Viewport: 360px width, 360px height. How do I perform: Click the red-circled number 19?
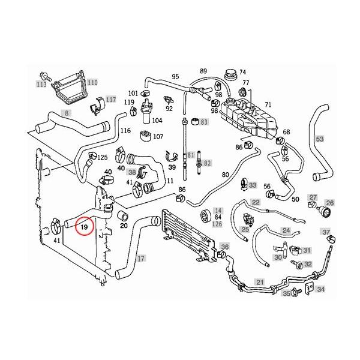(85, 228)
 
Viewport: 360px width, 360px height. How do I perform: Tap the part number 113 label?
(41, 85)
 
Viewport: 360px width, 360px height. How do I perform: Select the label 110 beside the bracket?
(92, 82)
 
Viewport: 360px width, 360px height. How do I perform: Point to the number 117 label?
(110, 98)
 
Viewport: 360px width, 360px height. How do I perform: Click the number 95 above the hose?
(175, 77)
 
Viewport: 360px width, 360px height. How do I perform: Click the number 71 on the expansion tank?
(268, 105)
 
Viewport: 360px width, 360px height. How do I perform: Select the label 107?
(158, 137)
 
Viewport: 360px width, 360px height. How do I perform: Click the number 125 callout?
(103, 157)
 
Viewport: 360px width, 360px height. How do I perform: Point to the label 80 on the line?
(226, 175)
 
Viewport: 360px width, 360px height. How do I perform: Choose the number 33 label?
(253, 185)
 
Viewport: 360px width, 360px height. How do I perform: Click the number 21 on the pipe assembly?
(260, 282)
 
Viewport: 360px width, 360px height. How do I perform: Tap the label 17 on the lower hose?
(141, 259)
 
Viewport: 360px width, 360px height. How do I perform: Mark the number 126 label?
(218, 224)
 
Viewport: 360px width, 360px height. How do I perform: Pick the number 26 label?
(329, 203)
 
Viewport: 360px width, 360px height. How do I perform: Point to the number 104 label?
(157, 121)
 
